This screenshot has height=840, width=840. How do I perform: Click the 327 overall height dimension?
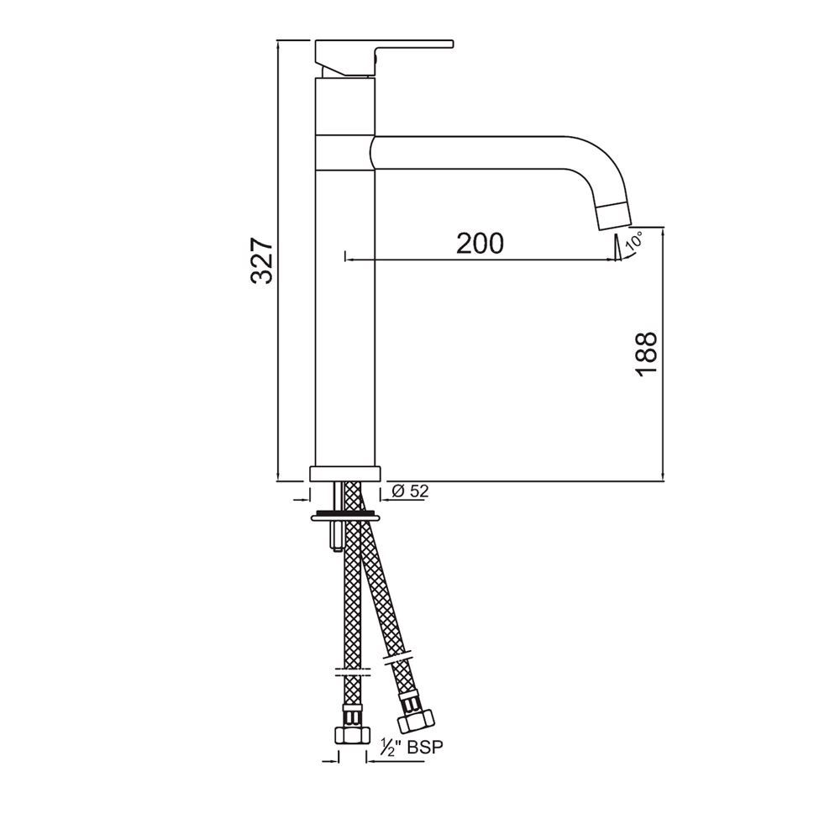pos(262,260)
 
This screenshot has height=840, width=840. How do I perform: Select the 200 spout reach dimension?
pos(480,243)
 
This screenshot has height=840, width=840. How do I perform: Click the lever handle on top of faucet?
pos(382,52)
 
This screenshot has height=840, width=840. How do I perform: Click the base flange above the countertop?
pos(345,474)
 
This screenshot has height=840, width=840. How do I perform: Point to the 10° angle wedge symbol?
pos(617,249)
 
